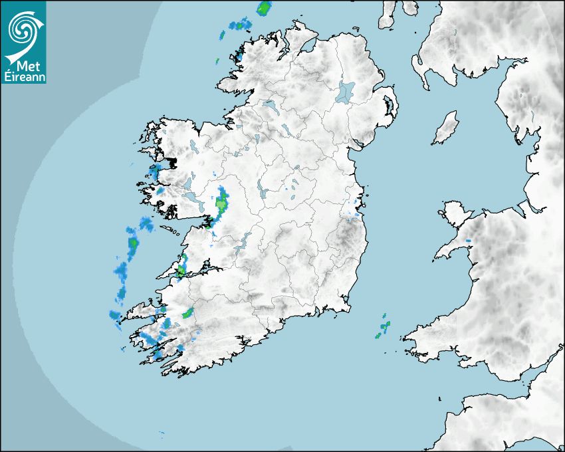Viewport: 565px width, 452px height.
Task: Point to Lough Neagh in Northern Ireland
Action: [x=346, y=91]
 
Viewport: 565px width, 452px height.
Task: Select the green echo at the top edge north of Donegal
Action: [x=265, y=9]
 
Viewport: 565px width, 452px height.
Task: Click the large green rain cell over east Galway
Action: [x=221, y=203]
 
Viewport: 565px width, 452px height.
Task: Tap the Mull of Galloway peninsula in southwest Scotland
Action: [x=420, y=66]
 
